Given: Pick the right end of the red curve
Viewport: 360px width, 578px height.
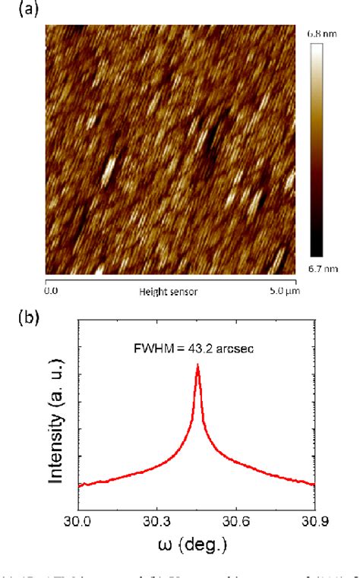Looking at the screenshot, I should point(314,484).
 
